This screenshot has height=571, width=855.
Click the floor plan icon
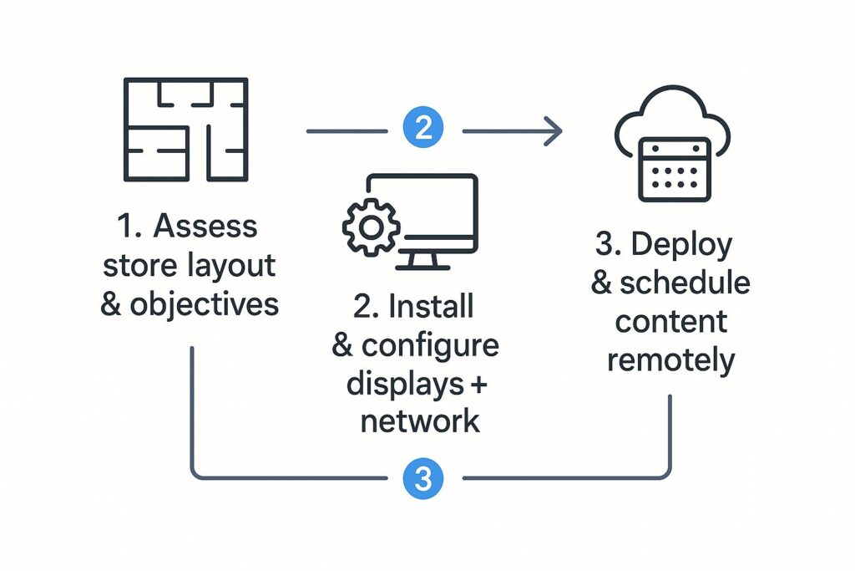click(x=185, y=129)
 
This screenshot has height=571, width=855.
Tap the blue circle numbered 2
click(x=423, y=129)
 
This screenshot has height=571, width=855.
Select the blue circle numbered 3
click(x=423, y=478)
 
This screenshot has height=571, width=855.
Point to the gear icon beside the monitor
click(x=370, y=227)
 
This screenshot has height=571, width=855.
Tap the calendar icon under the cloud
click(x=674, y=170)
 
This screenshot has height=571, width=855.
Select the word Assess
click(x=205, y=226)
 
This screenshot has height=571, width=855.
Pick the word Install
click(x=432, y=307)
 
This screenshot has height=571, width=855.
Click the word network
click(x=420, y=421)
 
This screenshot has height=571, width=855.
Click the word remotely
click(x=671, y=359)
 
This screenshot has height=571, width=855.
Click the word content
click(x=672, y=321)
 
